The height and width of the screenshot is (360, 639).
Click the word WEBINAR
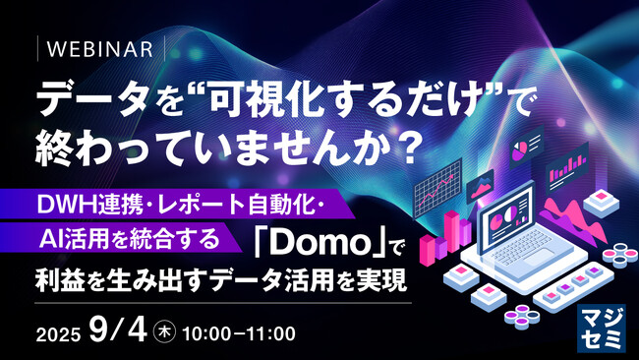pos(100,49)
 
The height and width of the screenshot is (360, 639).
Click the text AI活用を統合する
pos(130,239)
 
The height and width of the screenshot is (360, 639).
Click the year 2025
pos(58,335)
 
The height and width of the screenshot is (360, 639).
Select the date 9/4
pos(118,330)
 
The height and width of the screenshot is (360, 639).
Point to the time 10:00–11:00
pos(239,333)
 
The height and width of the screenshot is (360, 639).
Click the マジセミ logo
pos(601,329)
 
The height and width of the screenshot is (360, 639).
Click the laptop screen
pos(506,215)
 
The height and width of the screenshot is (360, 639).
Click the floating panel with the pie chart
pos(527,146)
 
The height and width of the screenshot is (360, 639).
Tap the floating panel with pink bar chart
pos(567,167)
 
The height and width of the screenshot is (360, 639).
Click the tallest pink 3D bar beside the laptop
pos(451,231)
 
